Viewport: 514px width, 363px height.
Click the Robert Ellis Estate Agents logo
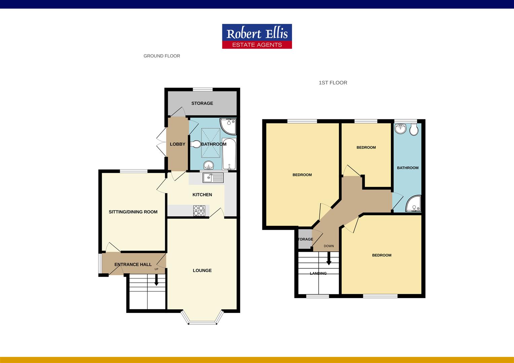pyautogui.click(x=257, y=36)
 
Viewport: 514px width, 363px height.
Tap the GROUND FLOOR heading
pyautogui.click(x=162, y=56)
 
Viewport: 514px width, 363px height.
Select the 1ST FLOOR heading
pyautogui.click(x=333, y=83)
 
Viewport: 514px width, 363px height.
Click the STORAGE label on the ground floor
pyautogui.click(x=202, y=103)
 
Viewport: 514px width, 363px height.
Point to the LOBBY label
pyautogui.click(x=177, y=144)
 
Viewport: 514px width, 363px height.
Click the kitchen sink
pyautogui.click(x=213, y=177)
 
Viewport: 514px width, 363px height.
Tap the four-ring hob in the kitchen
pyautogui.click(x=199, y=210)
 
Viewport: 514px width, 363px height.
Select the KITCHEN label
pyautogui.click(x=202, y=195)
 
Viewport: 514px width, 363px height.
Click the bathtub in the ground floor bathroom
pyautogui.click(x=229, y=154)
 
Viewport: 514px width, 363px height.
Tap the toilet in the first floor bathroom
pyautogui.click(x=414, y=129)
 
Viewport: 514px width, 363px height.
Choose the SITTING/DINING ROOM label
pyautogui.click(x=133, y=212)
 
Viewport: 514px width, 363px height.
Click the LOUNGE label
pyautogui.click(x=202, y=270)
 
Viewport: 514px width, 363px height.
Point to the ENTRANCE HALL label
pyautogui.click(x=133, y=265)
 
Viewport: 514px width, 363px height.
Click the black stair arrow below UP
pyautogui.click(x=156, y=280)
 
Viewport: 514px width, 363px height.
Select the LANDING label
pyautogui.click(x=318, y=273)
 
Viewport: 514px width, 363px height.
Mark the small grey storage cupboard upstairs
pyautogui.click(x=305, y=239)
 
